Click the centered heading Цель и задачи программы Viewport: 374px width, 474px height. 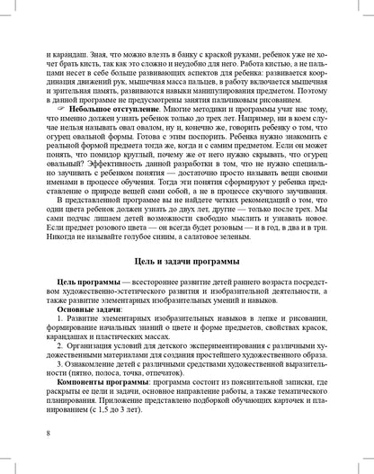click(x=187, y=261)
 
